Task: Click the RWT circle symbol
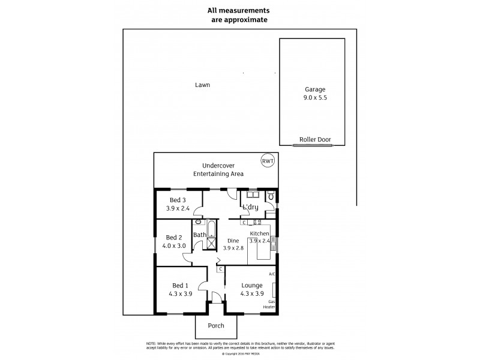266,161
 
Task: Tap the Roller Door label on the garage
315,139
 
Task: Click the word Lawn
202,85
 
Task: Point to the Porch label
215,326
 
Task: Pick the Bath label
199,235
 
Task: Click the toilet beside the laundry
271,196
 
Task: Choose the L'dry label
250,207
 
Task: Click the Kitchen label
259,233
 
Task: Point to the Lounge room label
252,286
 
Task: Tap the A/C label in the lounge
272,274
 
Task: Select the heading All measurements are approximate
238,14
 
